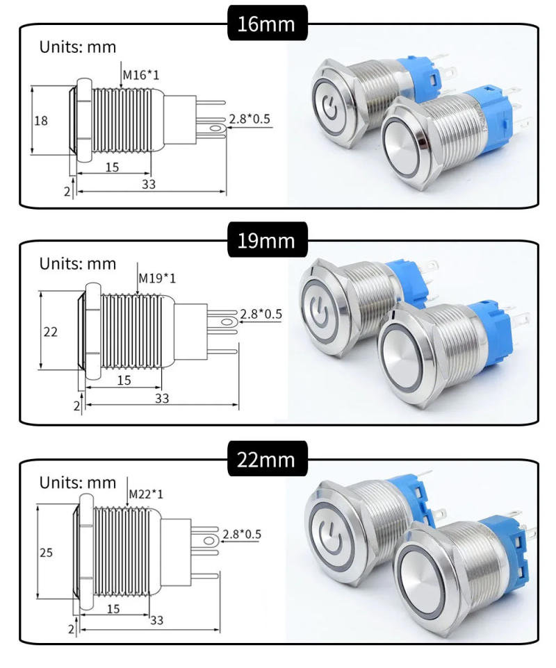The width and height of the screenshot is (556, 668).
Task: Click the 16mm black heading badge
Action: (x=267, y=24)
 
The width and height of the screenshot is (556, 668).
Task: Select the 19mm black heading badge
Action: (x=267, y=241)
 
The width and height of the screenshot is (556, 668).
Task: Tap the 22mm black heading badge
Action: (x=267, y=460)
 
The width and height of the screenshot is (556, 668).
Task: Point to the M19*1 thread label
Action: (x=157, y=278)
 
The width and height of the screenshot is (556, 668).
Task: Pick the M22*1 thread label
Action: (x=147, y=493)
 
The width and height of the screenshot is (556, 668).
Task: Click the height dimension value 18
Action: (x=42, y=120)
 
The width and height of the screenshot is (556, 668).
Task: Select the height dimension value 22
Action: (x=50, y=332)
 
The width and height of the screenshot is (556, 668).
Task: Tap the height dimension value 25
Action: (x=46, y=553)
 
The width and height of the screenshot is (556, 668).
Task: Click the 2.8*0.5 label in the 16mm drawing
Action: (x=250, y=119)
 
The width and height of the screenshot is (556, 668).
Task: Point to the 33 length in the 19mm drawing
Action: (x=161, y=399)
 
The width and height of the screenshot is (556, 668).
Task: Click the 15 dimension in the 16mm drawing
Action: (x=113, y=167)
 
